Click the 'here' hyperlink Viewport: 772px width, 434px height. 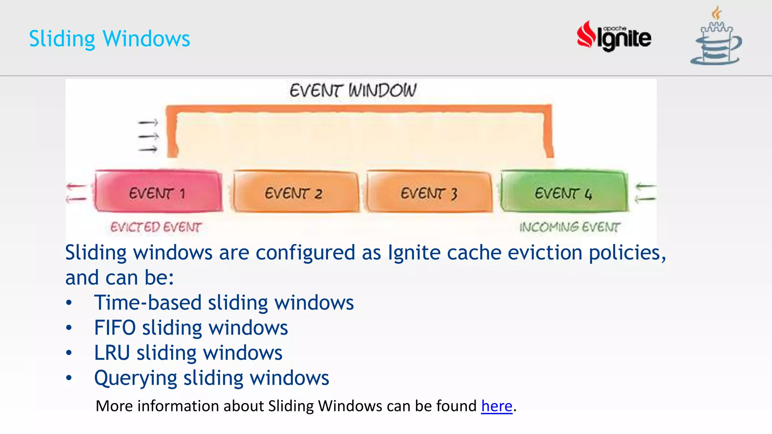click(496, 406)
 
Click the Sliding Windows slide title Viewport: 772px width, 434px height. click(109, 39)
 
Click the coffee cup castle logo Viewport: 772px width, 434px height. click(716, 38)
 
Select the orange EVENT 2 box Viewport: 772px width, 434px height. click(294, 192)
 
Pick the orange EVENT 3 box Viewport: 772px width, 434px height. click(429, 192)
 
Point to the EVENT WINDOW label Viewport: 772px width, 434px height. click(353, 91)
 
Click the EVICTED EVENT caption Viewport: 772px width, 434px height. click(156, 227)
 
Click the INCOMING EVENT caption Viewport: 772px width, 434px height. click(569, 227)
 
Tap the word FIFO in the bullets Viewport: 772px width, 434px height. click(115, 328)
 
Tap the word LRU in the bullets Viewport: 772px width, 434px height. click(112, 353)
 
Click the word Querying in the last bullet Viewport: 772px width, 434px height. click(135, 378)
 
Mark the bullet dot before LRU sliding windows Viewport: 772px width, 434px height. click(69, 353)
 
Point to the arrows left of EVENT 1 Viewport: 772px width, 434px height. click(77, 192)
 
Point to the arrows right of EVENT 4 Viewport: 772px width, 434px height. click(645, 192)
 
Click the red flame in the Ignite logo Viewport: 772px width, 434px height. click(586, 35)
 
